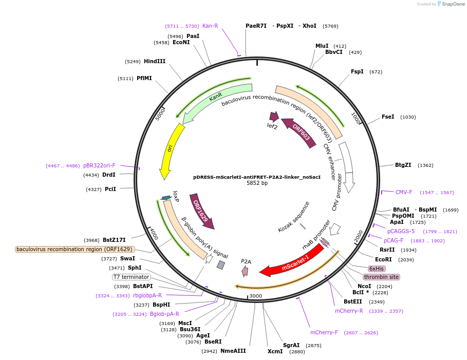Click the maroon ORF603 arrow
pyautogui.click(x=301, y=133)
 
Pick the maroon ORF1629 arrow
pyautogui.click(x=201, y=210)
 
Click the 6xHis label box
pyautogui.click(x=377, y=269)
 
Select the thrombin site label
pyautogui.click(x=381, y=277)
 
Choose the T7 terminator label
pyautogui.click(x=132, y=277)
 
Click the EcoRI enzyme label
pyautogui.click(x=383, y=259)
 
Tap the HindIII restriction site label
pyautogui.click(x=155, y=61)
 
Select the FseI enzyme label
pyautogui.click(x=388, y=117)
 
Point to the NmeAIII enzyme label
pyautogui.click(x=233, y=351)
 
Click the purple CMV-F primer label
pyautogui.click(x=404, y=192)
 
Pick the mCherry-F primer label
pyautogui.click(x=324, y=332)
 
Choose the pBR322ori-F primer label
pyautogui.click(x=99, y=165)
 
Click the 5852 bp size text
pyautogui.click(x=257, y=183)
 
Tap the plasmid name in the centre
pyautogui.click(x=257, y=176)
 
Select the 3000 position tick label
pyautogui.click(x=256, y=296)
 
